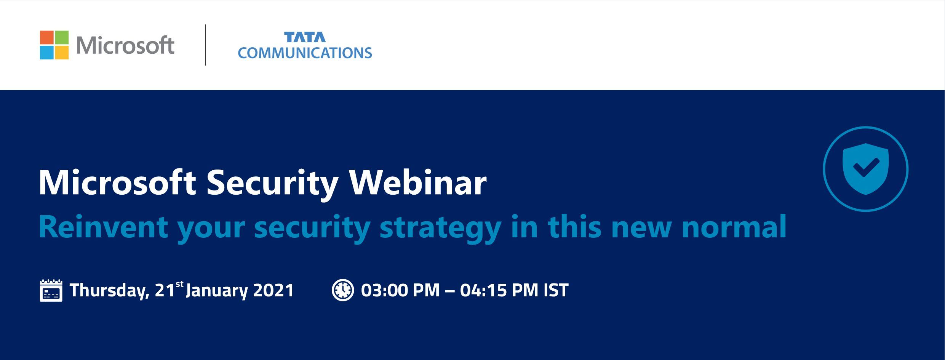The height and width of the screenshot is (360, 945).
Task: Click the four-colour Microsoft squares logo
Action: [x=54, y=45]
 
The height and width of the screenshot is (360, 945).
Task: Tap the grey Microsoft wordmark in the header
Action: [x=125, y=45]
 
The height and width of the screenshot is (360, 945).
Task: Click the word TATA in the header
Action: [x=305, y=37]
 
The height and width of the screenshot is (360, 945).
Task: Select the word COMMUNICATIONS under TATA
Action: [x=305, y=53]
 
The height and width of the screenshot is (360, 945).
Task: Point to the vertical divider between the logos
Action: [x=206, y=45]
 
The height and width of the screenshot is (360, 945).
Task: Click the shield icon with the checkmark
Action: [x=865, y=169]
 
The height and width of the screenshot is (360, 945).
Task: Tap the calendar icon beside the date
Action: [x=51, y=290]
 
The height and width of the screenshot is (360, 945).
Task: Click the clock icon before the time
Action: [x=343, y=290]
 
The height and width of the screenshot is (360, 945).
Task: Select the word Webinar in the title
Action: [x=418, y=183]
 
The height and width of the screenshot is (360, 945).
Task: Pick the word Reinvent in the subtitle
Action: [x=103, y=227]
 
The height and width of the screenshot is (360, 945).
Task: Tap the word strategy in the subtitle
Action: [x=440, y=229]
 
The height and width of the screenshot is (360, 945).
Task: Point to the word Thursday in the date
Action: [x=109, y=291]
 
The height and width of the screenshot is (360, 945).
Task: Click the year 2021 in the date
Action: [x=273, y=290]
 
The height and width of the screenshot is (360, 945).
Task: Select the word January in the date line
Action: [x=217, y=291]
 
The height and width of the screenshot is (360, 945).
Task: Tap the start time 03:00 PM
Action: [x=400, y=290]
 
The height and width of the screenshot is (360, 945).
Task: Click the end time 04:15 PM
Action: [x=499, y=290]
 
